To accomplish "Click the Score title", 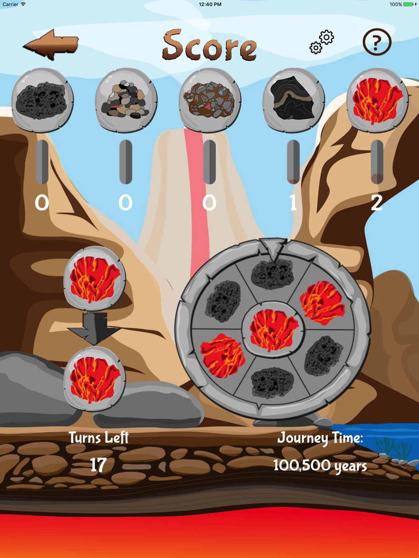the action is tap(209, 45).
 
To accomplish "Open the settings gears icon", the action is tap(321, 42).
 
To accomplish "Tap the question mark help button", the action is tap(377, 42).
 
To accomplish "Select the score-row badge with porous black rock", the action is tap(42, 100).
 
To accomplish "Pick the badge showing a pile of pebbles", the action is tap(126, 100).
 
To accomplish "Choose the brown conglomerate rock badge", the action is tap(210, 100).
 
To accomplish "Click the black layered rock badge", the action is tap(293, 100).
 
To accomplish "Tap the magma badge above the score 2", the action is tap(377, 100).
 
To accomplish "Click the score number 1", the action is tap(293, 202).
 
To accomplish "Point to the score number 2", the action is tap(377, 202).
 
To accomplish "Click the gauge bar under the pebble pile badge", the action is tap(126, 162).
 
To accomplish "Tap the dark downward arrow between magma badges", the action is tap(94, 328).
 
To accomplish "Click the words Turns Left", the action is tap(98, 438).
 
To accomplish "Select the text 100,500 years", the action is tap(320, 466).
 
